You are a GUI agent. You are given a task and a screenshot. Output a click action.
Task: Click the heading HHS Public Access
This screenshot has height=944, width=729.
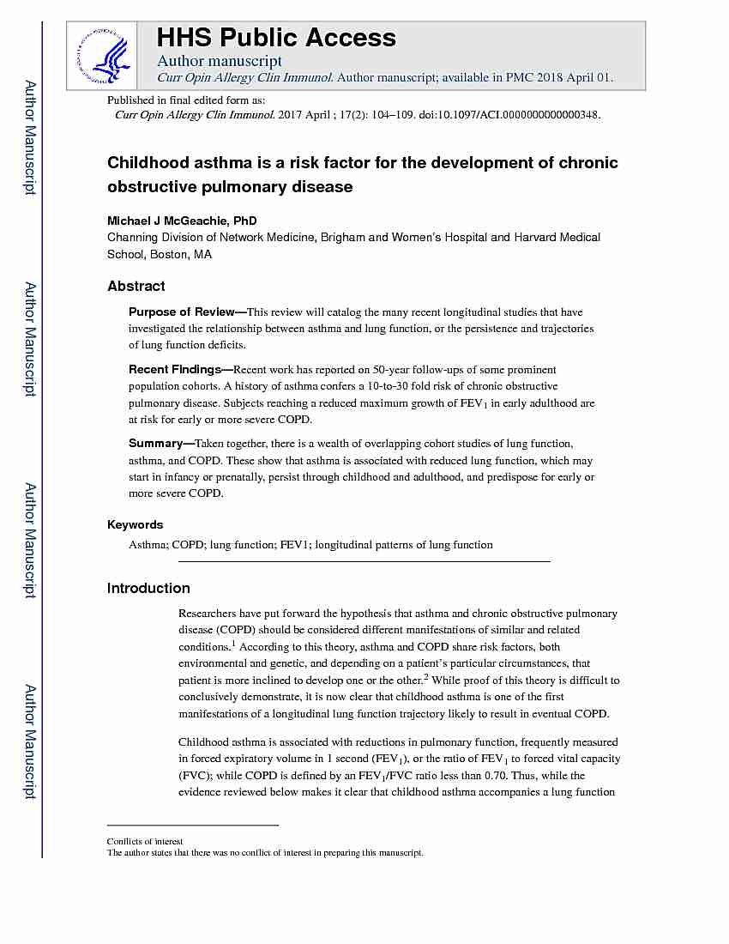[x=275, y=38]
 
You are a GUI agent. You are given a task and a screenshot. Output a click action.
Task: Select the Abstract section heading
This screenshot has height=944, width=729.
[x=136, y=286]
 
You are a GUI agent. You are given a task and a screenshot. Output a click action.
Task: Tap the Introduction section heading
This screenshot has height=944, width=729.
[x=148, y=588]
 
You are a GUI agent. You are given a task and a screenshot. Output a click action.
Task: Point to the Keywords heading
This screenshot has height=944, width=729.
[x=135, y=524]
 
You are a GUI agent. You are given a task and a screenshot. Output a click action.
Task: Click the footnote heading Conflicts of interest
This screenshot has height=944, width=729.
[x=144, y=841]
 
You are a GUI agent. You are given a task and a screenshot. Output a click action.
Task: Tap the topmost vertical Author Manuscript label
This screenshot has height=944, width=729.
[x=30, y=137]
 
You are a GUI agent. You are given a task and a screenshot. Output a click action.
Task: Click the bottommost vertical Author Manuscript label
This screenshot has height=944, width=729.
[x=30, y=742]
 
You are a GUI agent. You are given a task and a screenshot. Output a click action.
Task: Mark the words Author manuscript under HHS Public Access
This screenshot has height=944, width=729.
[x=219, y=61]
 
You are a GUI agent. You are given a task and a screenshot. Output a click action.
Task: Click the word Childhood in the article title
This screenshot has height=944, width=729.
[x=143, y=163]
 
